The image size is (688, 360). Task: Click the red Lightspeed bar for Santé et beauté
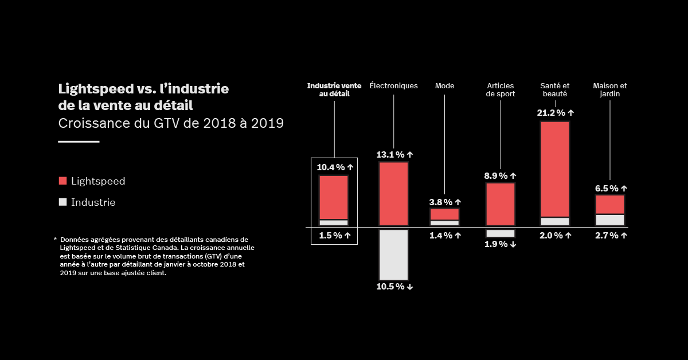click(555, 169)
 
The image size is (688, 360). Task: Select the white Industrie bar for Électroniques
click(393, 255)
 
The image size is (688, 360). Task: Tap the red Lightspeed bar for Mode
click(445, 214)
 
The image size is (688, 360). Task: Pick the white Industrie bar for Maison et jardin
click(610, 220)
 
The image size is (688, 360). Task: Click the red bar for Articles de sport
click(501, 204)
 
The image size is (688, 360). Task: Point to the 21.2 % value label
click(555, 113)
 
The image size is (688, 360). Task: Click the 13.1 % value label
click(394, 155)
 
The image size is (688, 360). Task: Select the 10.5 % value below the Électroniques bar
click(394, 287)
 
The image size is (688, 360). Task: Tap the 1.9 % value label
click(501, 244)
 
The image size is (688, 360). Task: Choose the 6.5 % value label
click(609, 188)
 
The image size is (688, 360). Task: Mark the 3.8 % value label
click(445, 202)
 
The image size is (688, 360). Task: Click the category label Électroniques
click(394, 86)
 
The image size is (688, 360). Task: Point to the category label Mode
click(445, 86)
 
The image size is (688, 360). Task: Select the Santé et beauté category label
click(555, 89)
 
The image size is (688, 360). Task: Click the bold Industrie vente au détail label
click(334, 89)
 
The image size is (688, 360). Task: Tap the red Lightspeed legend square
click(63, 181)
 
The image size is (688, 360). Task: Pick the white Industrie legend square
click(63, 202)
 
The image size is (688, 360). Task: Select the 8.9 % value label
click(500, 176)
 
